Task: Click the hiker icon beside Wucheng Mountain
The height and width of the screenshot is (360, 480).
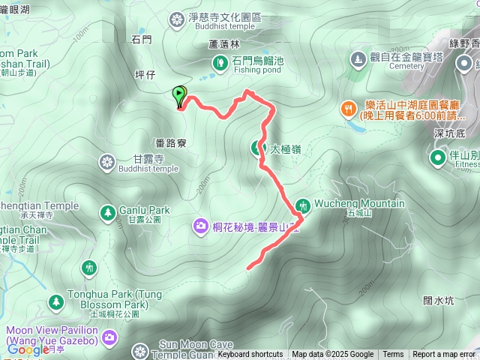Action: [x=304, y=205]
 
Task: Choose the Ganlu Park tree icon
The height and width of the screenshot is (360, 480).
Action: [x=108, y=212]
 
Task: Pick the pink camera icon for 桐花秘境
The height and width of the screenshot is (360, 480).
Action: [x=200, y=225]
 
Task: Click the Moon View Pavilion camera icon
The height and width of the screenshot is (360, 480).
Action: [x=111, y=337]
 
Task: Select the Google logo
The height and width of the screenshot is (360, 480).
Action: [x=27, y=349]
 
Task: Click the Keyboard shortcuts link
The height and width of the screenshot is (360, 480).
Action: [x=250, y=355]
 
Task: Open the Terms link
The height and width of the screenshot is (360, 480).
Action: [x=393, y=355]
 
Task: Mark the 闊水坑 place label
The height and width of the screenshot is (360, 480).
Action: [x=439, y=301]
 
